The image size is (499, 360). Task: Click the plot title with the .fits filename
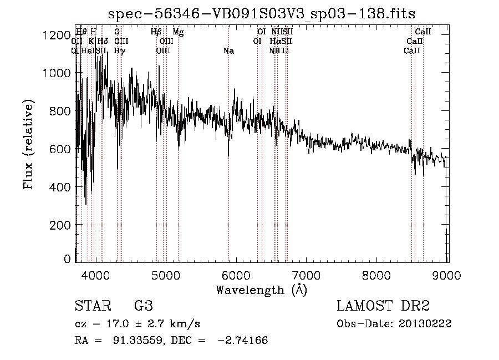coord(262,13)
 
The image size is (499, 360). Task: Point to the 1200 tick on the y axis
coord(57,35)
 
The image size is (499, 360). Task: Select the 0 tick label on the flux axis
coord(68,258)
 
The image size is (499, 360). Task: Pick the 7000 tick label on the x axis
coord(307,275)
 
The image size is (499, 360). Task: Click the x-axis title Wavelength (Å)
coord(261,289)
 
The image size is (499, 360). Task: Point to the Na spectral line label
coord(228,51)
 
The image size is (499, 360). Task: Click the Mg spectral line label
coord(178,32)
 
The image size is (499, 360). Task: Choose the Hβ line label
coord(156,32)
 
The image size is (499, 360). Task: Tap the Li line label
coord(286,51)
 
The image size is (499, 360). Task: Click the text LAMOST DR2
coord(383,306)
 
